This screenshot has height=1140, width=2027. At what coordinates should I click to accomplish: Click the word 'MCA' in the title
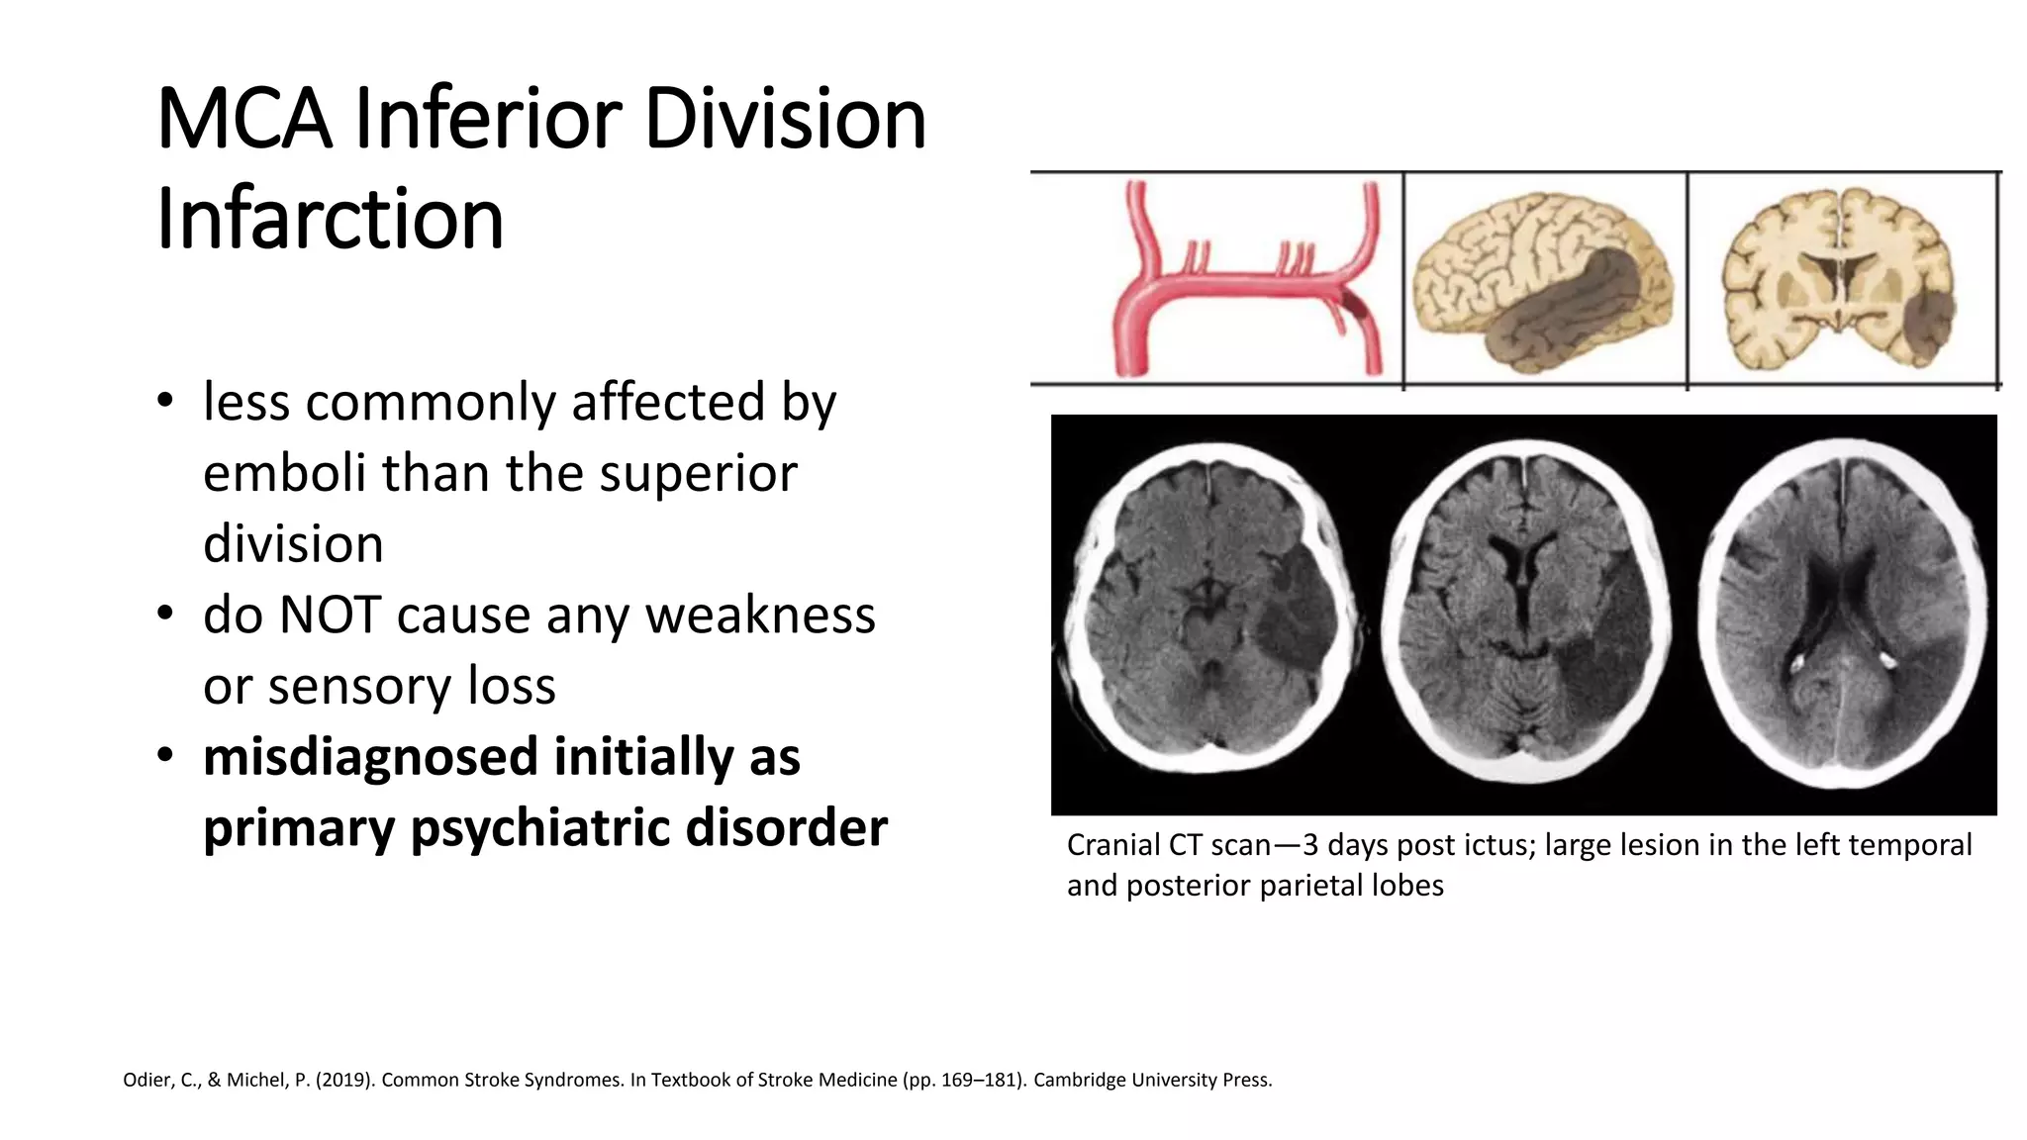click(243, 120)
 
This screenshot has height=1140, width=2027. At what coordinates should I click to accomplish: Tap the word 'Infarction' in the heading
click(331, 219)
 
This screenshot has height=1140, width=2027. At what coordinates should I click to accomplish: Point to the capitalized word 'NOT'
click(330, 615)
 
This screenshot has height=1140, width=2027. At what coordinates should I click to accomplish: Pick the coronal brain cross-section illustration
click(1839, 280)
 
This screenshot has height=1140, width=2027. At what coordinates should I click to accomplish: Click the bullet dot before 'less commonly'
click(165, 402)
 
